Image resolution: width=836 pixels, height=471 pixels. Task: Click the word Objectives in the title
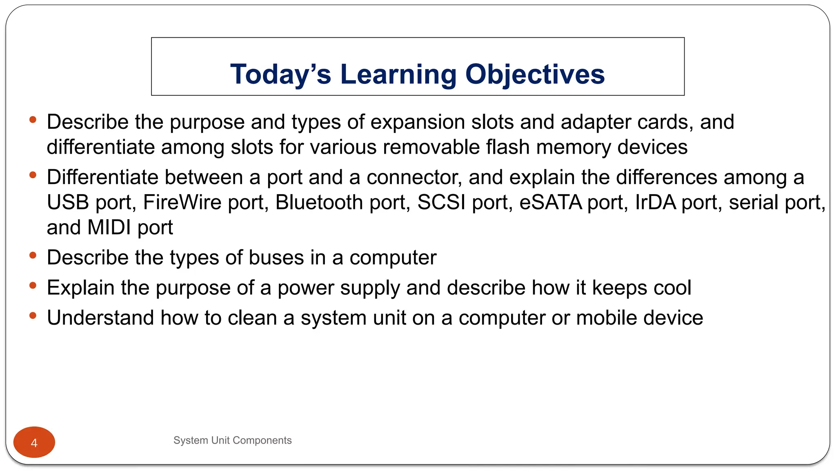pos(535,74)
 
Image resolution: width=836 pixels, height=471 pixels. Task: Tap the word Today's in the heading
pos(280,74)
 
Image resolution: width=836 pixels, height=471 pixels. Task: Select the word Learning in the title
pos(398,74)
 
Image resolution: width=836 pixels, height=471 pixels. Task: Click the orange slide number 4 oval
pos(34,442)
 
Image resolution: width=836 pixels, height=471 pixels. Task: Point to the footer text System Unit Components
pos(232,440)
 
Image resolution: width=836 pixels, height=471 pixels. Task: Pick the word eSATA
pos(551,202)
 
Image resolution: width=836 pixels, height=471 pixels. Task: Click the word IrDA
pos(656,202)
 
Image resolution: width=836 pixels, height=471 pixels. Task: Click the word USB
pos(68,202)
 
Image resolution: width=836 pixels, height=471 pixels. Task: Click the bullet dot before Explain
pos(33,285)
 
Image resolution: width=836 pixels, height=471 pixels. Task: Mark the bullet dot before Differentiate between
pos(33,175)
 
